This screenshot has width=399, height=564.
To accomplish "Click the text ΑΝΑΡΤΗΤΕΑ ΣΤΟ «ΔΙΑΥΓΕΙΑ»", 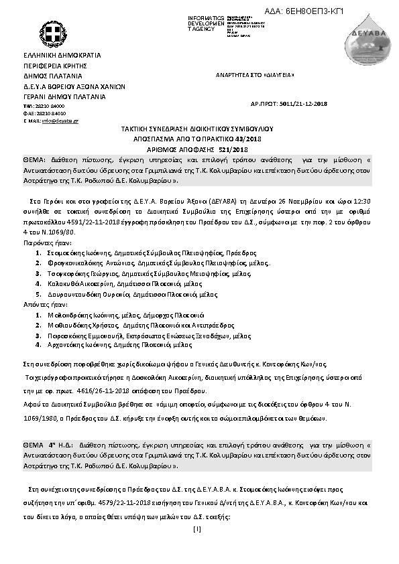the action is (254, 76).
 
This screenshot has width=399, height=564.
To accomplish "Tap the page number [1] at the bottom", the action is (196, 529).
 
